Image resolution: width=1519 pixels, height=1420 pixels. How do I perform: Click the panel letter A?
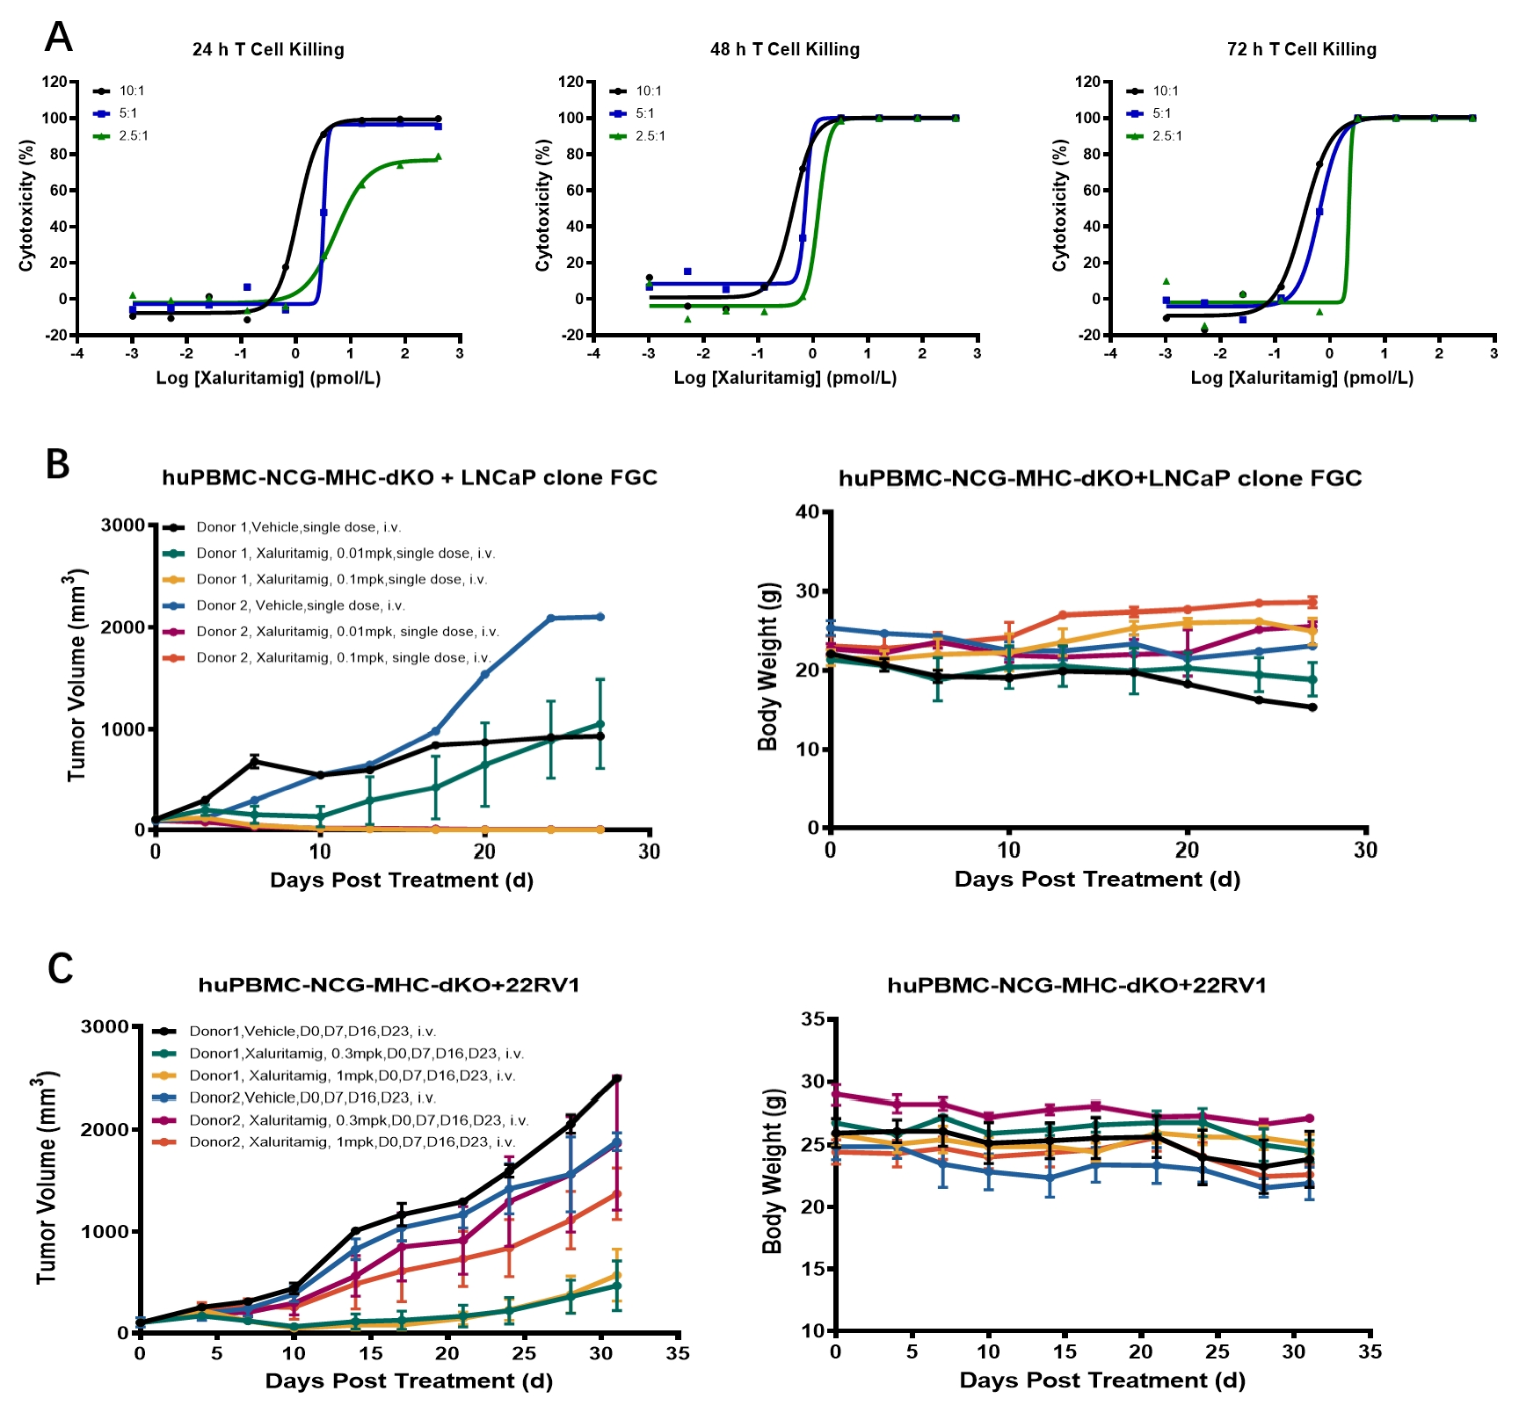pos(58,37)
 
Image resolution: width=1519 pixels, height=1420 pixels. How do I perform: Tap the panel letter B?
pos(57,464)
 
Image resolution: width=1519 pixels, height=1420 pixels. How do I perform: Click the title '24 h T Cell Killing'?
pos(268,50)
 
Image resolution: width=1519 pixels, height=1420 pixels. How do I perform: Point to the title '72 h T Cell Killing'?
pos(1301,50)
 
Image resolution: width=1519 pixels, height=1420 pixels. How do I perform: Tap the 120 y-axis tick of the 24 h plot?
pos(55,82)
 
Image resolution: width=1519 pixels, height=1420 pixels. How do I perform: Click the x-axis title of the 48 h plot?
pos(785,378)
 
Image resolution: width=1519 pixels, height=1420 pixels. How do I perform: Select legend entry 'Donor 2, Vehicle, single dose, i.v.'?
pos(300,605)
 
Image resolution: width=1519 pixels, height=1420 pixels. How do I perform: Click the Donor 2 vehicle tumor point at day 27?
pos(600,617)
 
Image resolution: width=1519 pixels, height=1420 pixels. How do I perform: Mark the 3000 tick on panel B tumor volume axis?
pos(123,525)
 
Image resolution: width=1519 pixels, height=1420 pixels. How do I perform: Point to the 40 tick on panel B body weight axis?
pos(807,512)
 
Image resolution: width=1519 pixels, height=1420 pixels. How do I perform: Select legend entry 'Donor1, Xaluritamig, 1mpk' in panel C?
pos(352,1076)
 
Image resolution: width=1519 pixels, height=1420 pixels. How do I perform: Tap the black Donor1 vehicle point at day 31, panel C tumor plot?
pos(616,1078)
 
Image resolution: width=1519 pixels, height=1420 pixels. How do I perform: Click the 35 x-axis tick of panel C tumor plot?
pos(678,1354)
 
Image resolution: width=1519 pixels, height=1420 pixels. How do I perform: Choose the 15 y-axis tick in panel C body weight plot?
pos(813,1269)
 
